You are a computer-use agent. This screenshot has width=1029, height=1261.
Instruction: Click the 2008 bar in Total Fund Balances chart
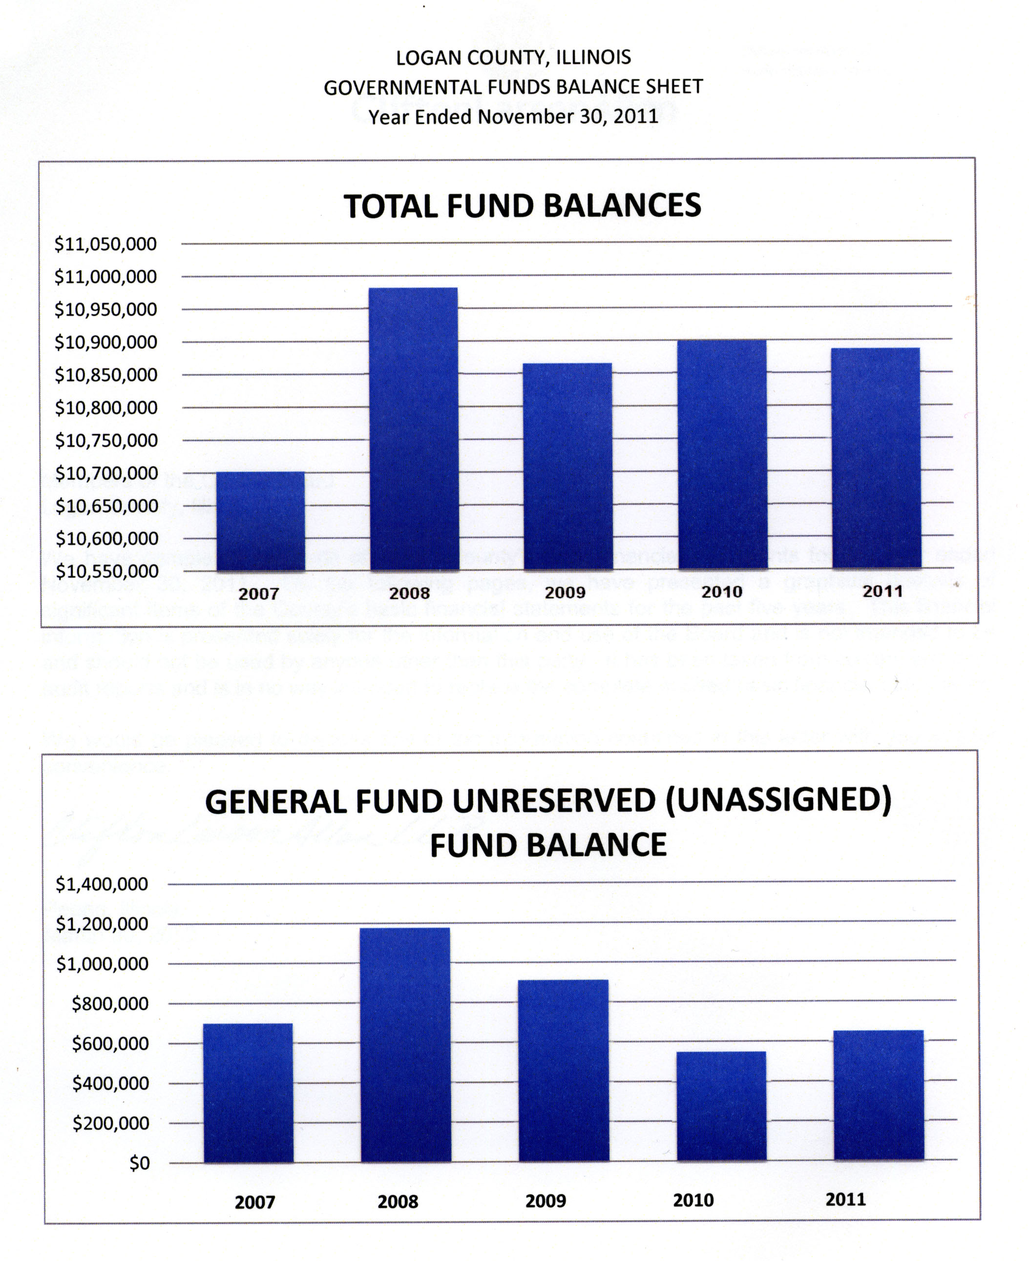click(414, 429)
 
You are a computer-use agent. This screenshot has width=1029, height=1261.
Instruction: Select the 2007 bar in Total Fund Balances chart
click(260, 521)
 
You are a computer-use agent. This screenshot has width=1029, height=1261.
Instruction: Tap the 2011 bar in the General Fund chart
click(879, 1095)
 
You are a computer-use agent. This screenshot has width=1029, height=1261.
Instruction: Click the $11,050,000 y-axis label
click(105, 244)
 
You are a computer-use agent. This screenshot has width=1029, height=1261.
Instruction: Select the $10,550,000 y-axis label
click(106, 571)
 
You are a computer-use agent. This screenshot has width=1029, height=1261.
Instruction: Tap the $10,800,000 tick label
click(106, 408)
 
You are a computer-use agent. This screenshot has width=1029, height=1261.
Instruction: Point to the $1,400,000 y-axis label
click(102, 884)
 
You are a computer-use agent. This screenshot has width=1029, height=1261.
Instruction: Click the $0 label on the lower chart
click(139, 1163)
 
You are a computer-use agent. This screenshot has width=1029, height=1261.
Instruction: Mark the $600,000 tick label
click(110, 1044)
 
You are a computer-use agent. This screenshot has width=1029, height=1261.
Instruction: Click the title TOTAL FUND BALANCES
click(522, 206)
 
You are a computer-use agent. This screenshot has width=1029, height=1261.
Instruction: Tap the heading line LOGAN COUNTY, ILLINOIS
click(513, 58)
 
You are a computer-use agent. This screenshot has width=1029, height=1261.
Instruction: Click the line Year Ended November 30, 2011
click(513, 117)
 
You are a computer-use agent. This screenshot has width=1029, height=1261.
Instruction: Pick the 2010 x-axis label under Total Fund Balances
click(721, 592)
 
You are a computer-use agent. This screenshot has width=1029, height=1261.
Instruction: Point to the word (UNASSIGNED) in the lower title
click(778, 801)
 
